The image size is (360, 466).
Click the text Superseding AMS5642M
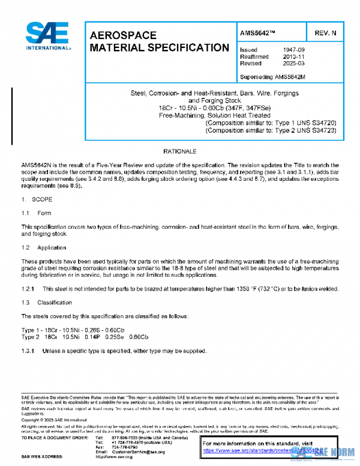pyautogui.click(x=272, y=76)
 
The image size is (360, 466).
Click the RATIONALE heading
pyautogui.click(x=179, y=151)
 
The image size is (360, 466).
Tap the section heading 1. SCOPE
pyautogui.click(x=35, y=198)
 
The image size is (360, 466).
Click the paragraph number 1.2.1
pyautogui.click(x=29, y=289)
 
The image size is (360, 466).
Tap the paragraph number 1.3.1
pyautogui.click(x=29, y=350)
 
